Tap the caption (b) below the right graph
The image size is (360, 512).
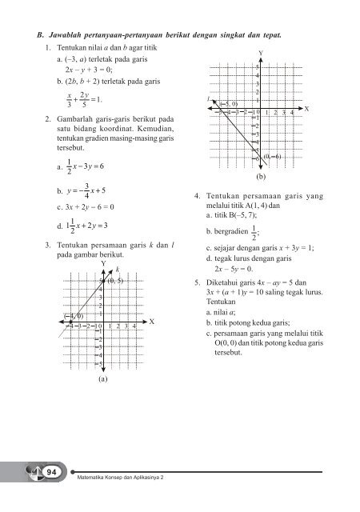click(260, 174)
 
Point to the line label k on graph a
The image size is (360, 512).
click(117, 269)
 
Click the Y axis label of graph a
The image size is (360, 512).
click(103, 262)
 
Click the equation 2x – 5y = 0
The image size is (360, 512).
click(243, 269)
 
